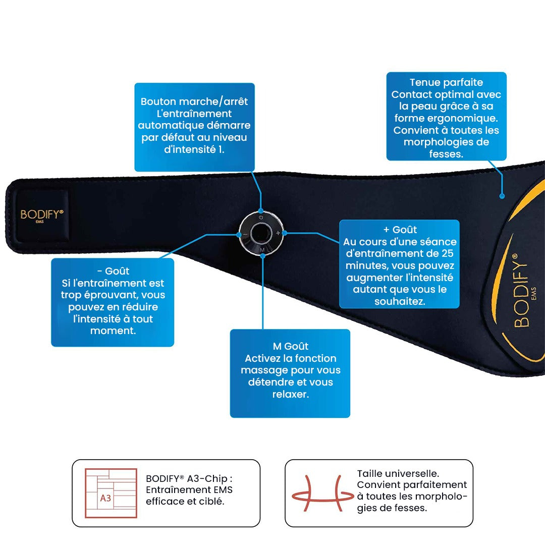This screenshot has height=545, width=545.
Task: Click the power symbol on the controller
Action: [x=261, y=217]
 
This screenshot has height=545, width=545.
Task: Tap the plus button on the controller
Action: [x=278, y=233]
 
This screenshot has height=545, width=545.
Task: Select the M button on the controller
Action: [x=262, y=250]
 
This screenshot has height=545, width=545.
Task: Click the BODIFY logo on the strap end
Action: [x=42, y=215]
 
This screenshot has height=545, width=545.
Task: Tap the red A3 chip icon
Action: [x=111, y=493]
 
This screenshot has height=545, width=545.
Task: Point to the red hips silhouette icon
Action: [x=322, y=494]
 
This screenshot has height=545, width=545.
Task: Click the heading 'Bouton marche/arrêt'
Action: [x=194, y=101]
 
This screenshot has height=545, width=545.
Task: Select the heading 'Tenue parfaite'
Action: [x=446, y=82]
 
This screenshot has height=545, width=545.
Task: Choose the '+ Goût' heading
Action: [x=400, y=230]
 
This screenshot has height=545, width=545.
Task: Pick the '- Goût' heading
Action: [x=113, y=271]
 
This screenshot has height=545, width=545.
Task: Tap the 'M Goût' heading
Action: [x=291, y=346]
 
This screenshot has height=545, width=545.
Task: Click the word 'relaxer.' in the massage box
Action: [x=291, y=394]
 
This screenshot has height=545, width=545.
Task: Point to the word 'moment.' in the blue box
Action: [x=113, y=331]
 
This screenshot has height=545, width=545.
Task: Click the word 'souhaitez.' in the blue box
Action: [x=400, y=301]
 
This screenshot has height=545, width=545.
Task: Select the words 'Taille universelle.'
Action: [x=398, y=473]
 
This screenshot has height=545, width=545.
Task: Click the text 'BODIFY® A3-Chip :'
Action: [x=189, y=478]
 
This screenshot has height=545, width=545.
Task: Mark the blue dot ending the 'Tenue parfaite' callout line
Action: [x=502, y=196]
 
